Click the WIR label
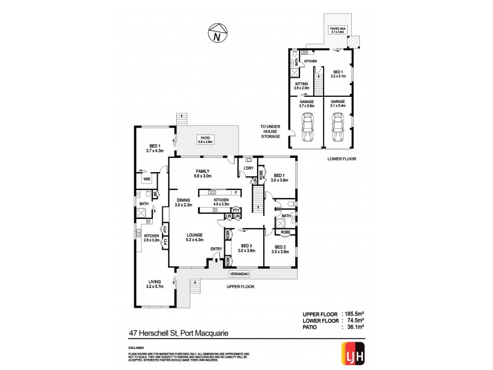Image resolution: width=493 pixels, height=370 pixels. coord(147,179)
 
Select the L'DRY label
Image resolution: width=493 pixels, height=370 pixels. coord(249,168)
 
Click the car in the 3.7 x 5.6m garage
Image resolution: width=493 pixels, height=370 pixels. coord(306,128)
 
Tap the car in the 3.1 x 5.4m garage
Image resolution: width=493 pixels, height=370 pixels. coord(337,128)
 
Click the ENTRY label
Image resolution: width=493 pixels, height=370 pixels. coord(216,249)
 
